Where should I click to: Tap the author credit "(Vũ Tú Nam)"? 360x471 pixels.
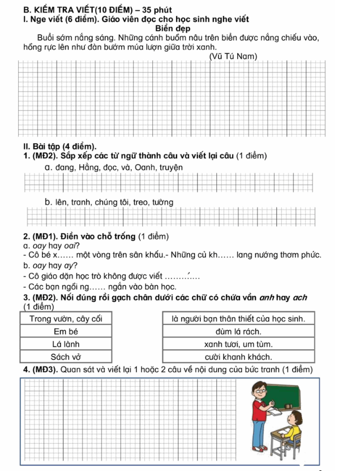(233, 56)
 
